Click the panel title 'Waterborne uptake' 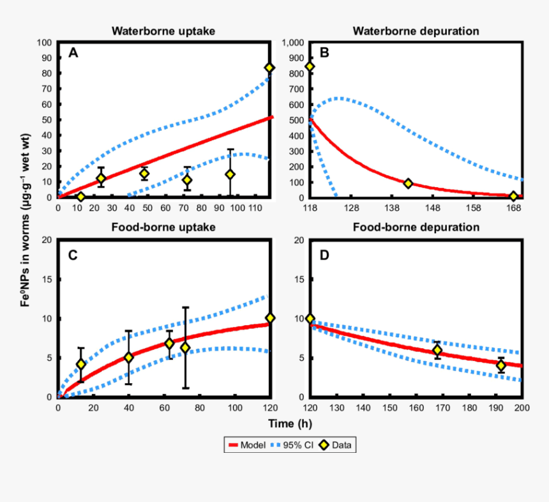[163, 31]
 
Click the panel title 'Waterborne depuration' [416, 31]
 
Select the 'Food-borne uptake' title [163, 227]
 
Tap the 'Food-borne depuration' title [416, 227]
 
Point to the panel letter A [73, 54]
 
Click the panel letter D [324, 255]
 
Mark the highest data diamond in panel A [269, 68]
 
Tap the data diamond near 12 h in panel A [80, 197]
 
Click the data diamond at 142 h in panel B [408, 183]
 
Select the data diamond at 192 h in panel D [501, 365]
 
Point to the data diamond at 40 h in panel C [128, 358]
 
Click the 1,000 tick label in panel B [292, 43]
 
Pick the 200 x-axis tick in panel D [522, 407]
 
